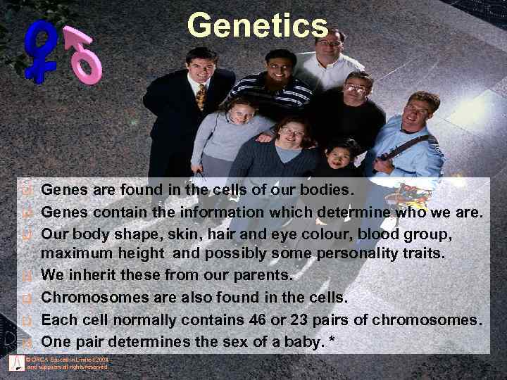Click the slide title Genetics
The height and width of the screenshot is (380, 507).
point(258,26)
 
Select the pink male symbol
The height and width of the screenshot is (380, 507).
point(85,57)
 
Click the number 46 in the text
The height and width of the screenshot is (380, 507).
point(258,320)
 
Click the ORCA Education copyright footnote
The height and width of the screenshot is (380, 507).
point(68,363)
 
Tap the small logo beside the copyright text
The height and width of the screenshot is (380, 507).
point(16,363)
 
